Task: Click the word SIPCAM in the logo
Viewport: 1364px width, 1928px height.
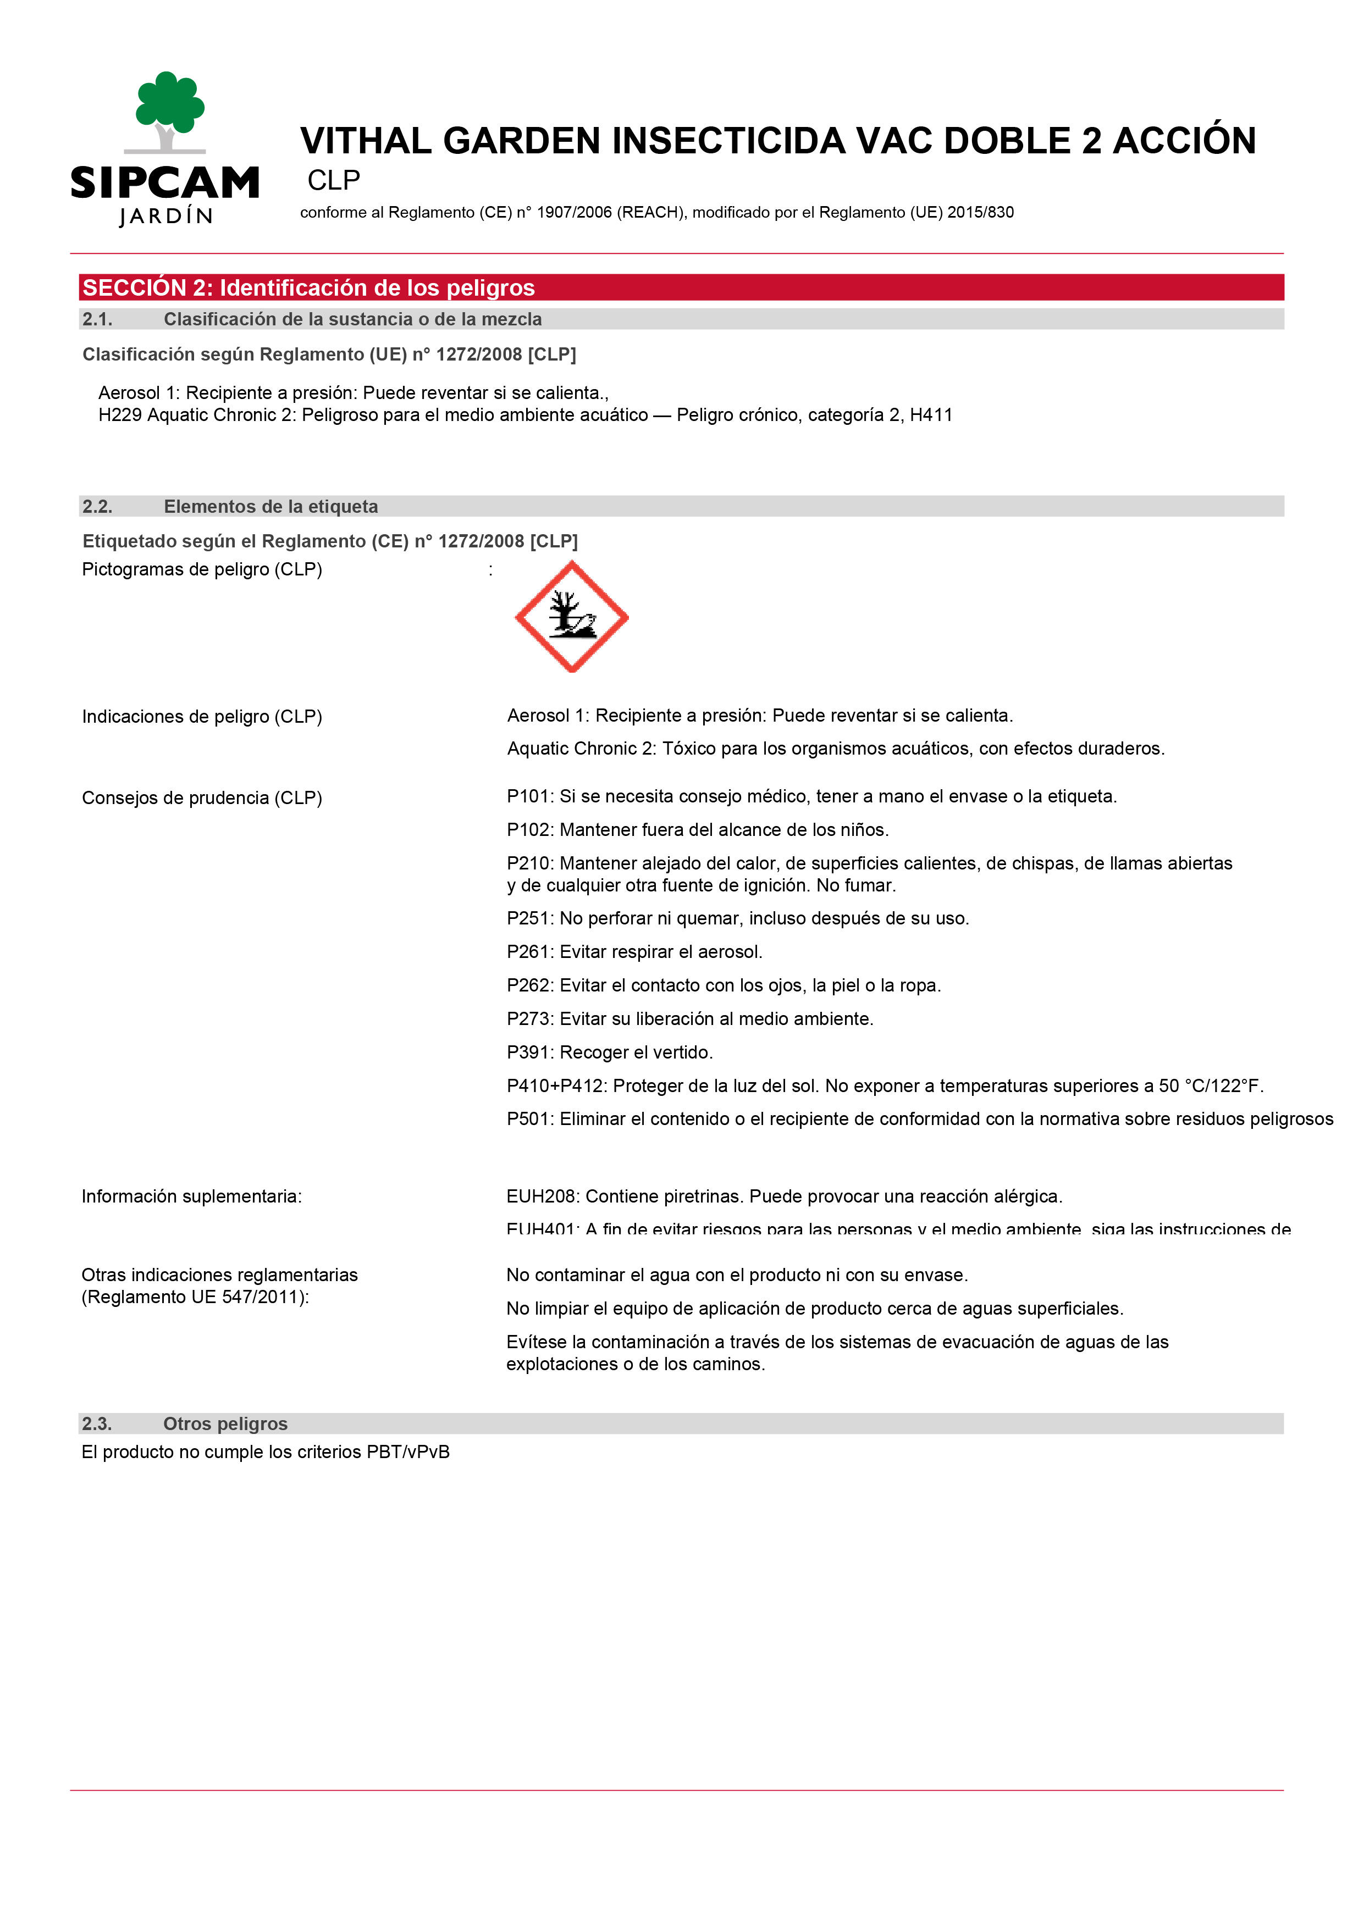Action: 164,182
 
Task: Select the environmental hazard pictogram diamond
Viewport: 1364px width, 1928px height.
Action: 571,616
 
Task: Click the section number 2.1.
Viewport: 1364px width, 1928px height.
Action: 97,319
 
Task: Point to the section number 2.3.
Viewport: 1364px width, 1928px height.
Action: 97,1423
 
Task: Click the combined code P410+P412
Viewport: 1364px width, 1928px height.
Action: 555,1086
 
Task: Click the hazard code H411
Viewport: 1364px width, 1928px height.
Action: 931,415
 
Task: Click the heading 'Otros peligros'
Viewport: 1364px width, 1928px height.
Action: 225,1423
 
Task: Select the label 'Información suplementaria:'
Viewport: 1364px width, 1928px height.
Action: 191,1196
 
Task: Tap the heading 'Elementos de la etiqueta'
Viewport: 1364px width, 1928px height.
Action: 270,506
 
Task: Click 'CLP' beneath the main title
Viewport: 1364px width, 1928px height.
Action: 334,180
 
